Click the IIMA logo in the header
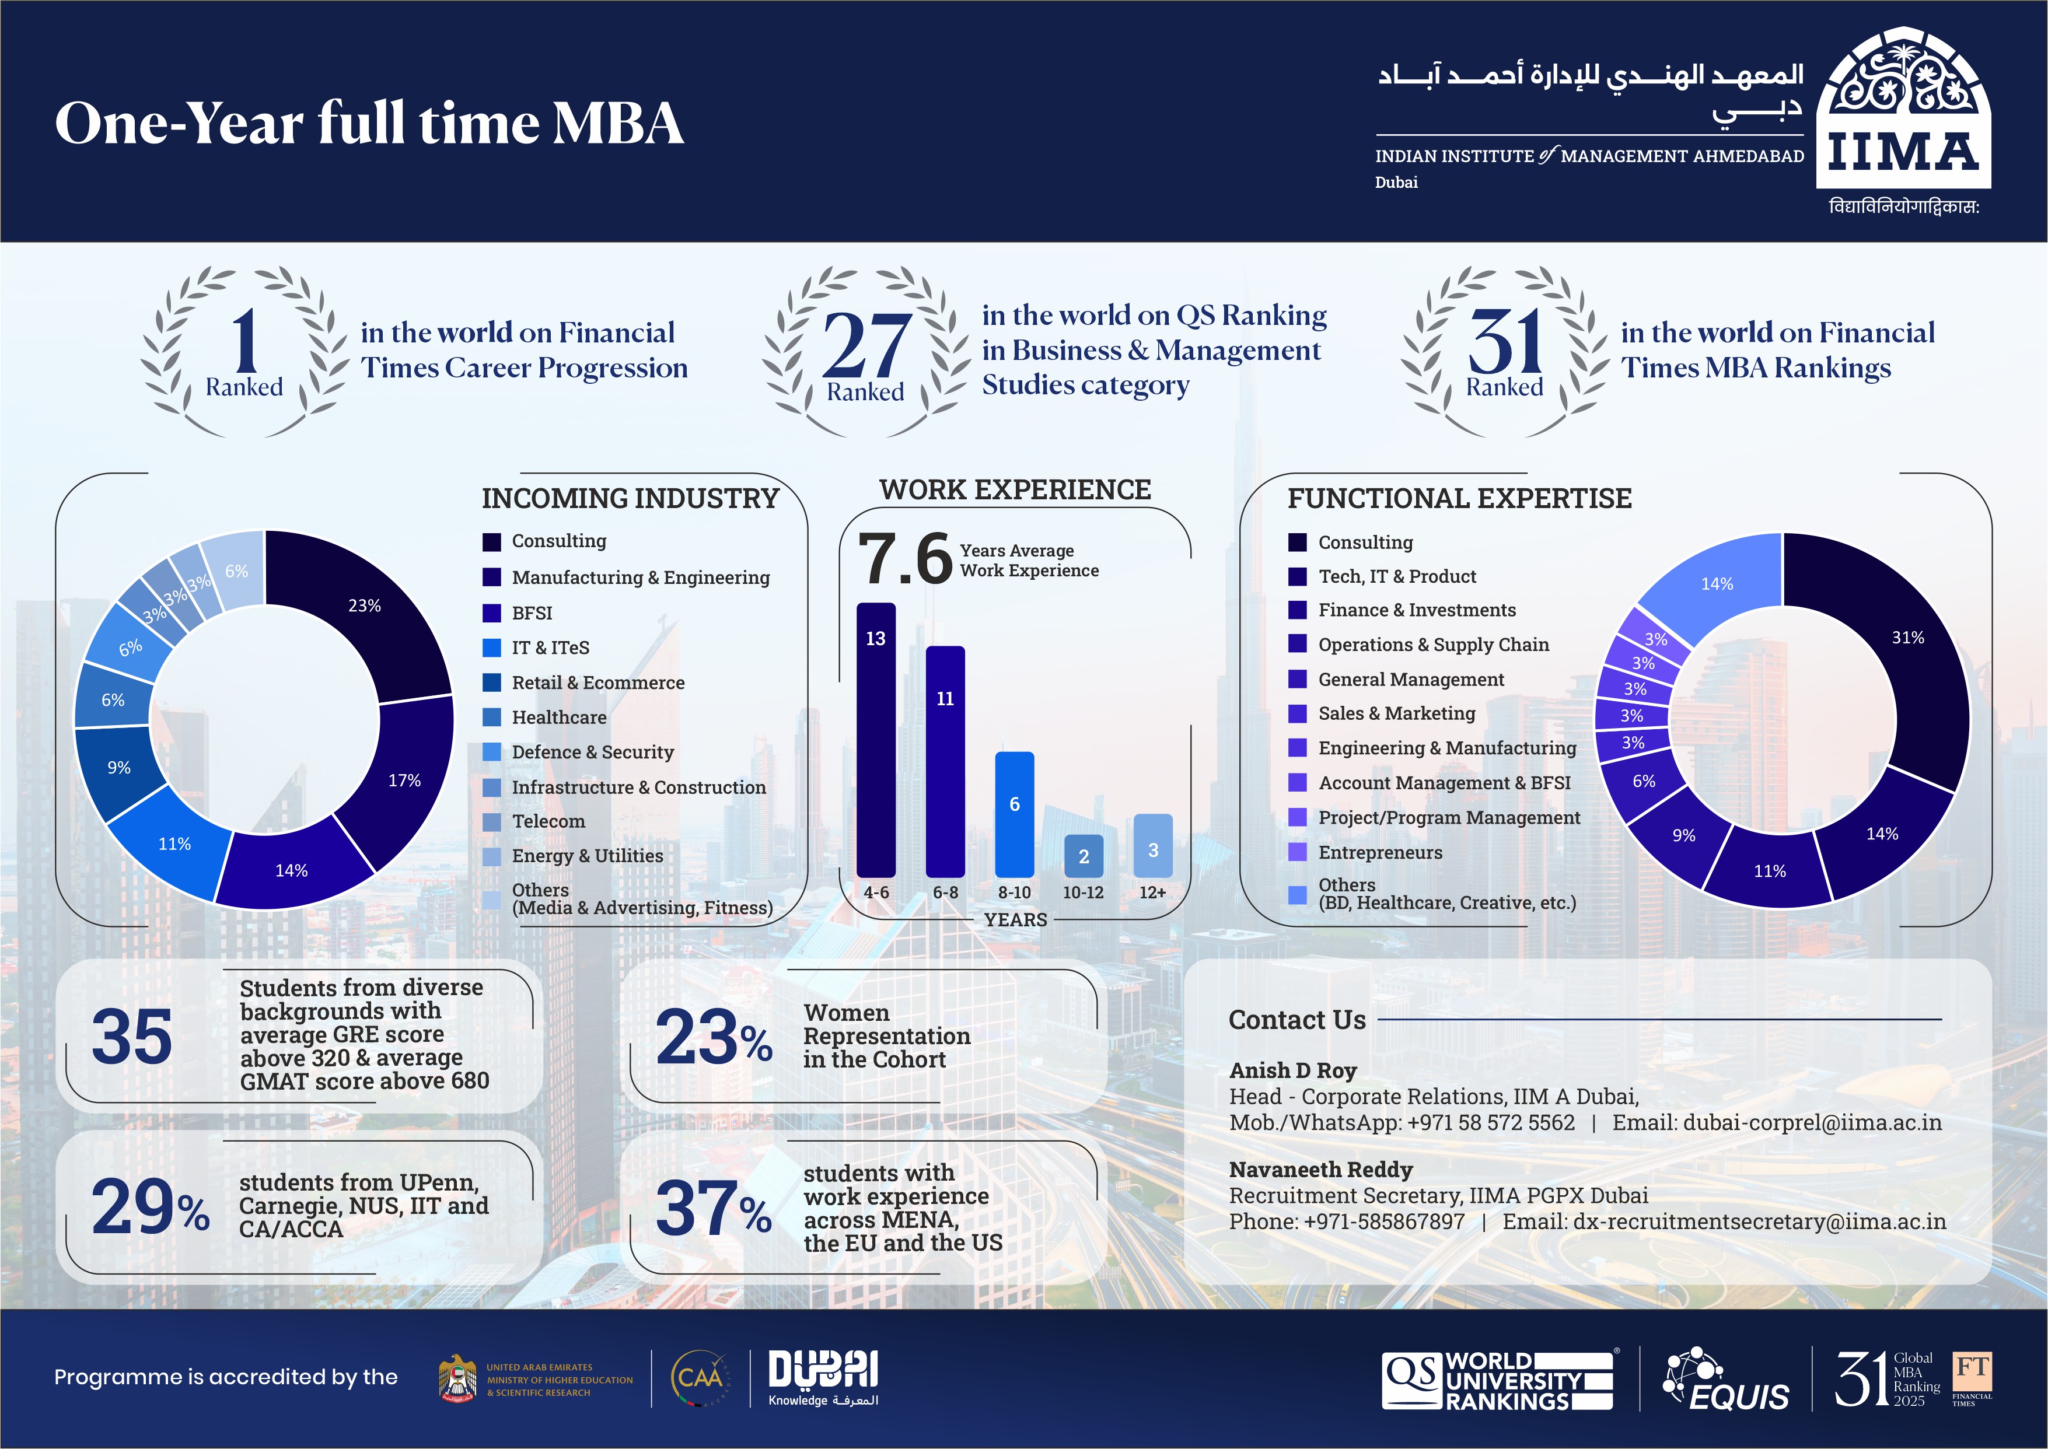point(1903,111)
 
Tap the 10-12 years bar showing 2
point(1084,856)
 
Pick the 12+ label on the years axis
point(1152,892)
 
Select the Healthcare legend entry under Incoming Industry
point(558,717)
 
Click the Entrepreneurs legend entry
point(1379,852)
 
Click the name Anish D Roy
point(1292,1070)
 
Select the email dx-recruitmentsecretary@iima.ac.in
point(1758,1221)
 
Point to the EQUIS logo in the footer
point(1726,1380)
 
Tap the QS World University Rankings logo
point(1497,1380)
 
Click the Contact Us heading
point(1296,1020)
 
